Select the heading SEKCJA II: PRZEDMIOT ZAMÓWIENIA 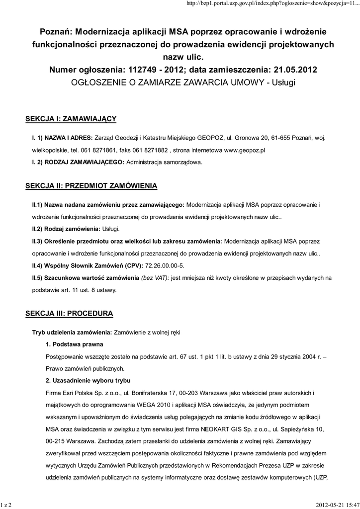click(91, 186)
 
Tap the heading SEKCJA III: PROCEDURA click(69, 313)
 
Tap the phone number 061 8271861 click(99, 149)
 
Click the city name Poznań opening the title click(56, 31)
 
